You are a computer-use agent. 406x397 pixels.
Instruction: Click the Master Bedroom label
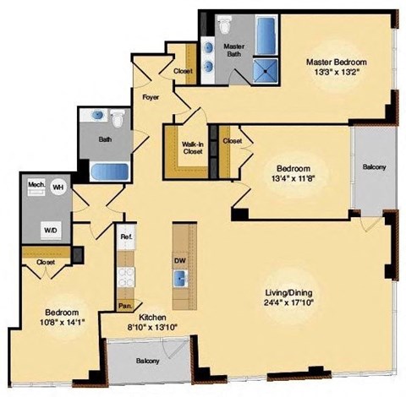(337, 62)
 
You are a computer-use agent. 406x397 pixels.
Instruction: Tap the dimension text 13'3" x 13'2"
(337, 72)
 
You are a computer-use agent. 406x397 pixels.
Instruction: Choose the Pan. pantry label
(124, 305)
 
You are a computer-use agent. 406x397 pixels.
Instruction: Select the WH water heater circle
(58, 187)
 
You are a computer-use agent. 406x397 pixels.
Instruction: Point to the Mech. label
(36, 184)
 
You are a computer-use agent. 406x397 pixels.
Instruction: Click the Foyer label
(151, 98)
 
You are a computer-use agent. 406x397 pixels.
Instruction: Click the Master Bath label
(234, 49)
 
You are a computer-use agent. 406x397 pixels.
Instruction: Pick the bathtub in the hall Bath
(107, 171)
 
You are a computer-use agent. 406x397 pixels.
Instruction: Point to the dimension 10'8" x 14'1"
(50, 319)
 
